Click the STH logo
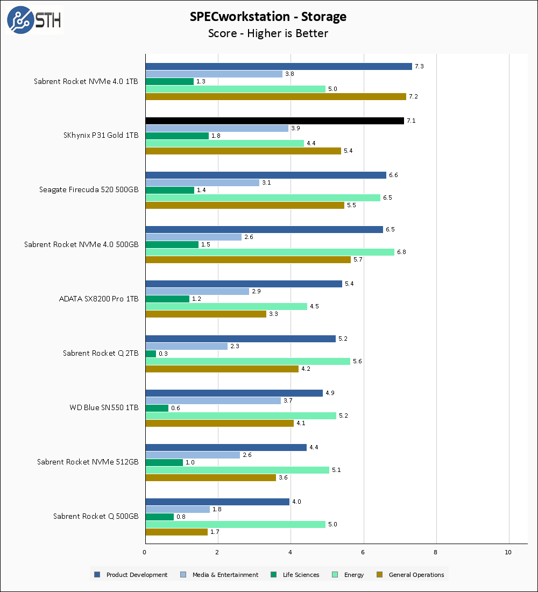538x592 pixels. point(34,20)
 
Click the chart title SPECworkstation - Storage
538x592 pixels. point(268,17)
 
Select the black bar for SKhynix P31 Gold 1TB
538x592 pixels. point(274,121)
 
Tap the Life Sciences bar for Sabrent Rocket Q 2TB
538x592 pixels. point(151,354)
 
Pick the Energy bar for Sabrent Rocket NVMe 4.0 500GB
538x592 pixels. point(270,252)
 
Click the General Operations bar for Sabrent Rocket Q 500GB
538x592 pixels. point(176,532)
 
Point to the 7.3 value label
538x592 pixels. point(420,66)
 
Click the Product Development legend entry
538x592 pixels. point(131,575)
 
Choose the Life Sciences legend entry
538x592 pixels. point(295,575)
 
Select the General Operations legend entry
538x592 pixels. point(411,575)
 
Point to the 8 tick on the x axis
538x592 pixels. point(436,552)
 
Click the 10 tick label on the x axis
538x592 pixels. point(508,552)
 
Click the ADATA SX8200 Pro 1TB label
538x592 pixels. point(98,299)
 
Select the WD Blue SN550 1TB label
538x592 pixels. point(104,407)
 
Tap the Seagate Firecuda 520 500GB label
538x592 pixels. point(89,189)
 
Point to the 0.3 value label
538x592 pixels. point(163,354)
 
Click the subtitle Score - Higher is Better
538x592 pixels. point(268,33)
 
